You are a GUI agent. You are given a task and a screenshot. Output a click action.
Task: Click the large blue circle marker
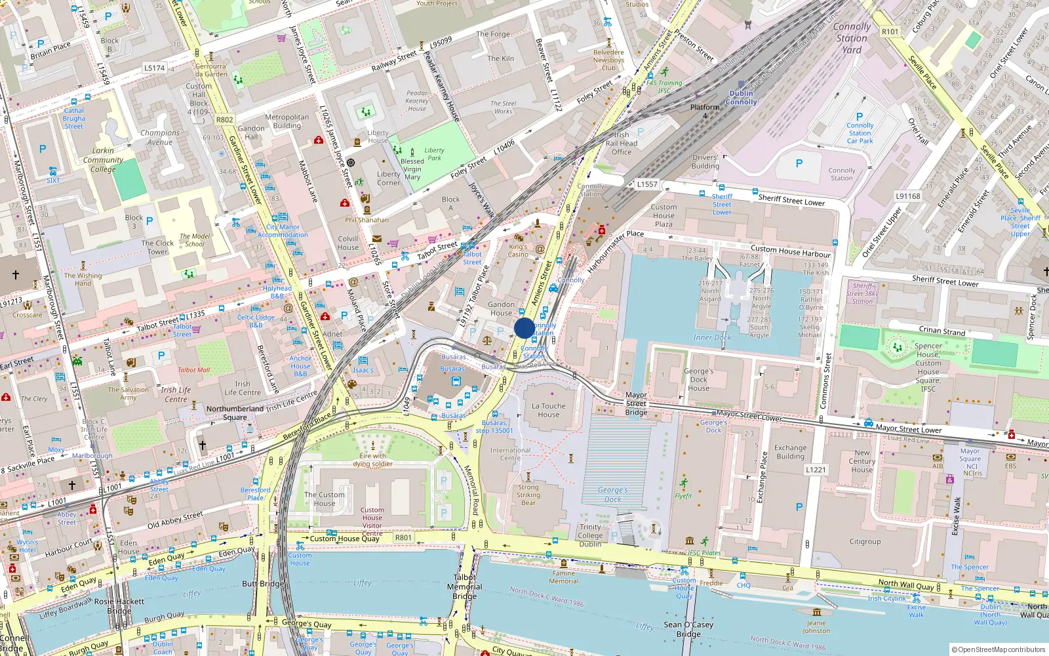[x=524, y=328]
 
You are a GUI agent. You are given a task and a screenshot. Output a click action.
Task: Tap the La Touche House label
[x=549, y=410]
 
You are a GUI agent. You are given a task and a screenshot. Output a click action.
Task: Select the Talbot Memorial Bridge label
[x=464, y=586]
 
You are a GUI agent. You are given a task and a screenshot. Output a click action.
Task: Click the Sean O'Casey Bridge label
[x=688, y=629]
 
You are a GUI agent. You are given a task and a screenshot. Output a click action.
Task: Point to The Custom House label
[x=324, y=499]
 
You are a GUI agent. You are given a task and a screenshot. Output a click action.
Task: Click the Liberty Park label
[x=434, y=154]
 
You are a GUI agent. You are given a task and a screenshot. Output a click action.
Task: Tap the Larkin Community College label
[x=103, y=159]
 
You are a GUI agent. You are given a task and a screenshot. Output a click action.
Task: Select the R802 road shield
[x=224, y=119]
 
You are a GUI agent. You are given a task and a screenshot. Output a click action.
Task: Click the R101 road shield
[x=890, y=31]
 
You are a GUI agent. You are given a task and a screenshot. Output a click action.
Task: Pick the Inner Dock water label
[x=712, y=337]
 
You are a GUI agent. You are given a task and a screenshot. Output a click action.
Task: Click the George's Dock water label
[x=612, y=495]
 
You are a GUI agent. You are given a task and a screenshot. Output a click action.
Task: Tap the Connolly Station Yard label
[x=852, y=38]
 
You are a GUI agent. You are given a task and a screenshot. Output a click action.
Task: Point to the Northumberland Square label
[x=235, y=413]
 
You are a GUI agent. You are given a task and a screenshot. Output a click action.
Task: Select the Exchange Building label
[x=790, y=452]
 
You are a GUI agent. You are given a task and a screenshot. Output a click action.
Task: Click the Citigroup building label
[x=865, y=541]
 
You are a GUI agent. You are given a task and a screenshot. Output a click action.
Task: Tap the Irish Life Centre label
[x=243, y=388]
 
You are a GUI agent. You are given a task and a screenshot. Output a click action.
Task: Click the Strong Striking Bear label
[x=528, y=495]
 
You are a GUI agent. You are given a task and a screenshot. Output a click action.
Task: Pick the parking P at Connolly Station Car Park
[x=860, y=116]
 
